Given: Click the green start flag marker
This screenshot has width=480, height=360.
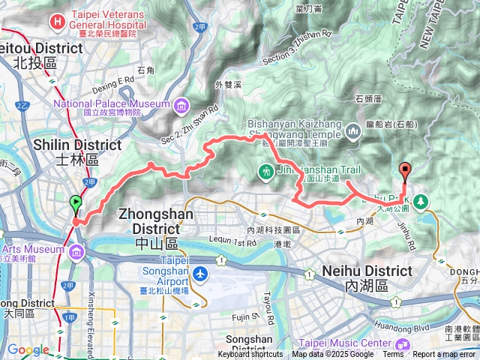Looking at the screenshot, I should tap(76, 202).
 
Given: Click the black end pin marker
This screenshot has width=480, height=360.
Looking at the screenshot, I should tap(406, 170).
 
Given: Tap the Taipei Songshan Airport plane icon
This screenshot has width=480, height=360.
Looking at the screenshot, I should tap(200, 274).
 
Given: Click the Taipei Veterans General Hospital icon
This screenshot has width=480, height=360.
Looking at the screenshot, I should tap(58, 21).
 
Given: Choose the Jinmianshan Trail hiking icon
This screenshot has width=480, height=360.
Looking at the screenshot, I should tap(265, 172).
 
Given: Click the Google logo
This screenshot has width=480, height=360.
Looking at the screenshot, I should tap(28, 350).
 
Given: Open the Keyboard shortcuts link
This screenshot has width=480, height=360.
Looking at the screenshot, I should tap(250, 355).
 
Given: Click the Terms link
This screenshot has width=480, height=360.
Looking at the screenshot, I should tap(392, 355).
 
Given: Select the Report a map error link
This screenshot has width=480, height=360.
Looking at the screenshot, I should tap(445, 355).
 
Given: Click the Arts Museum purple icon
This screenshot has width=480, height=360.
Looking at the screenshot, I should tap(77, 253).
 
